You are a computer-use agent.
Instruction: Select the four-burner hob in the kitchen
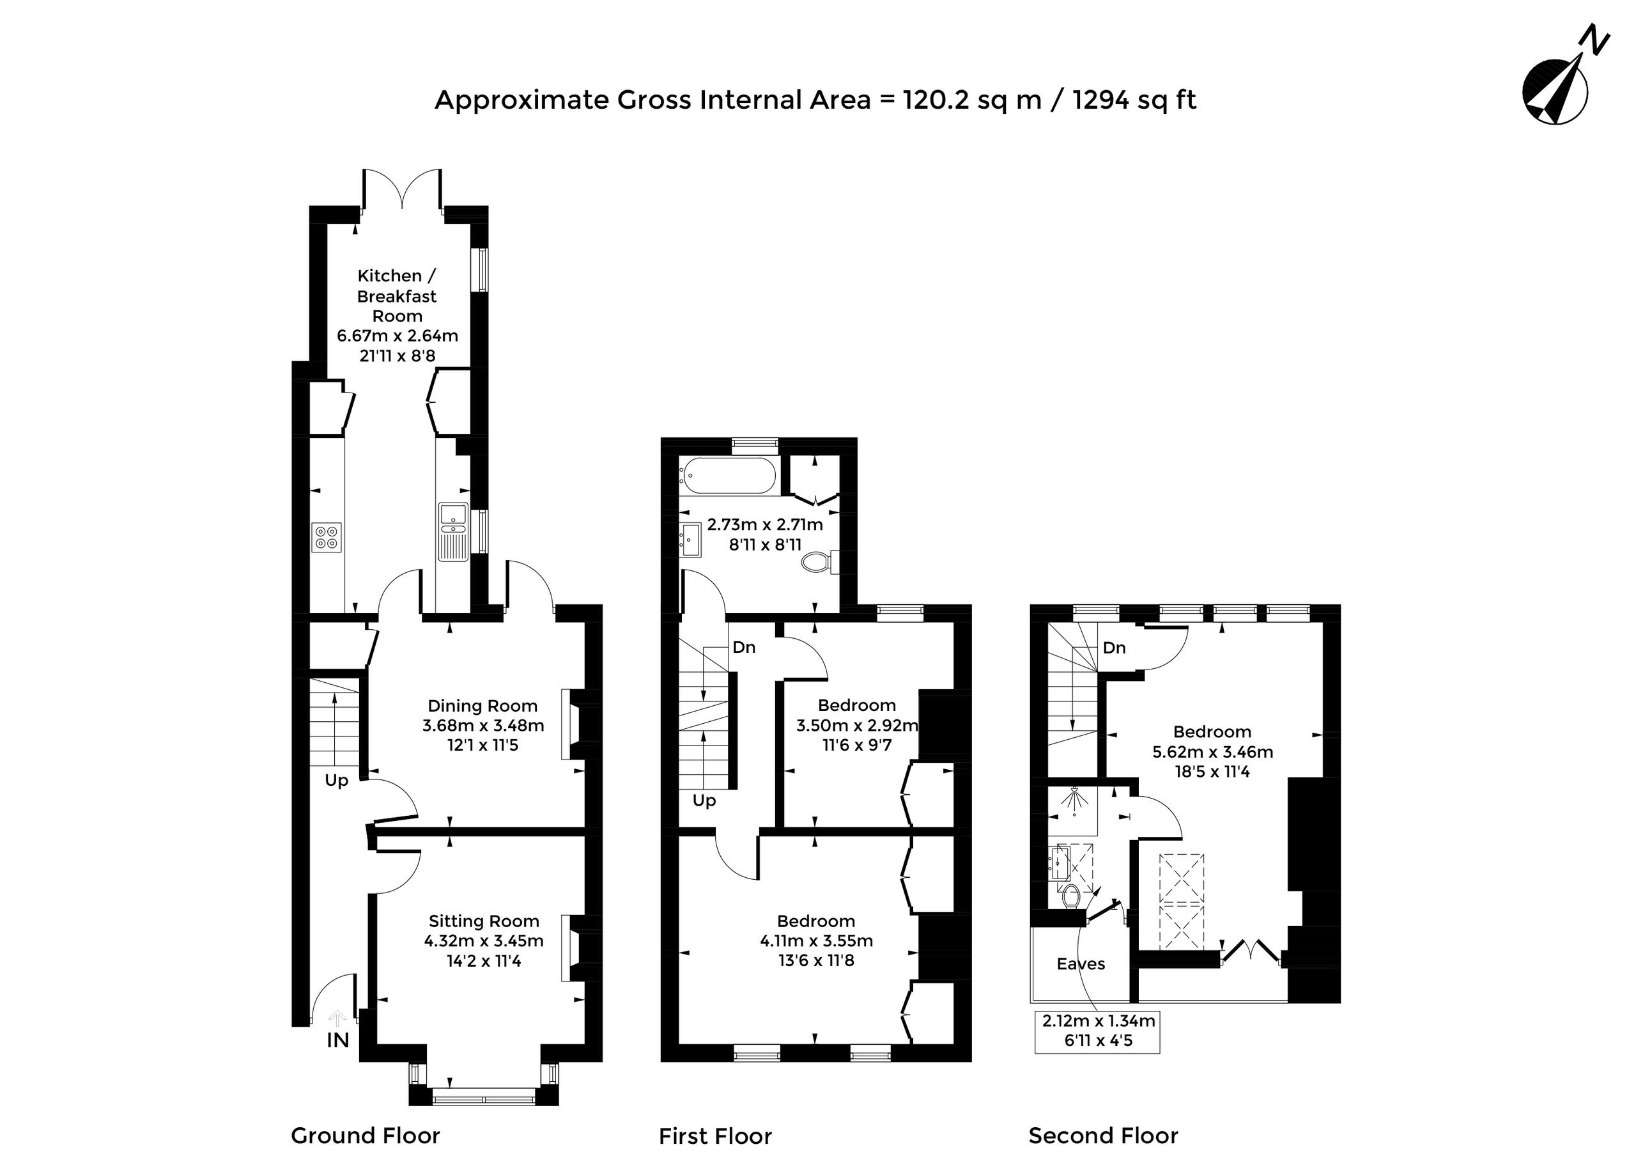coord(327,536)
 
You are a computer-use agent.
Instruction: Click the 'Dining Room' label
coord(482,706)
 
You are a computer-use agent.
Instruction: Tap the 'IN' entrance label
coord(338,1040)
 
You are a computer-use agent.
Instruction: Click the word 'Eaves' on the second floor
coord(1081,964)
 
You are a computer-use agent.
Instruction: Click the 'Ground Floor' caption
coord(366,1136)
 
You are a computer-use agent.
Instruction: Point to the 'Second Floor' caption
coord(1104,1136)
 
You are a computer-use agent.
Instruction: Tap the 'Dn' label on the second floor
coord(1115,647)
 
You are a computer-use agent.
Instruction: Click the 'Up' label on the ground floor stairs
coord(336,781)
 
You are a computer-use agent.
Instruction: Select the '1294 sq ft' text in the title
coord(1134,100)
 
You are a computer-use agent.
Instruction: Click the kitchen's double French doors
coord(403,188)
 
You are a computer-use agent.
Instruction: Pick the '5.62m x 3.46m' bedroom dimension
coord(1213,751)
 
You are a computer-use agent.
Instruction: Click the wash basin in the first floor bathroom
coord(690,540)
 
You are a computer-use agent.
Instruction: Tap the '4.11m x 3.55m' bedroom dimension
coord(817,941)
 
